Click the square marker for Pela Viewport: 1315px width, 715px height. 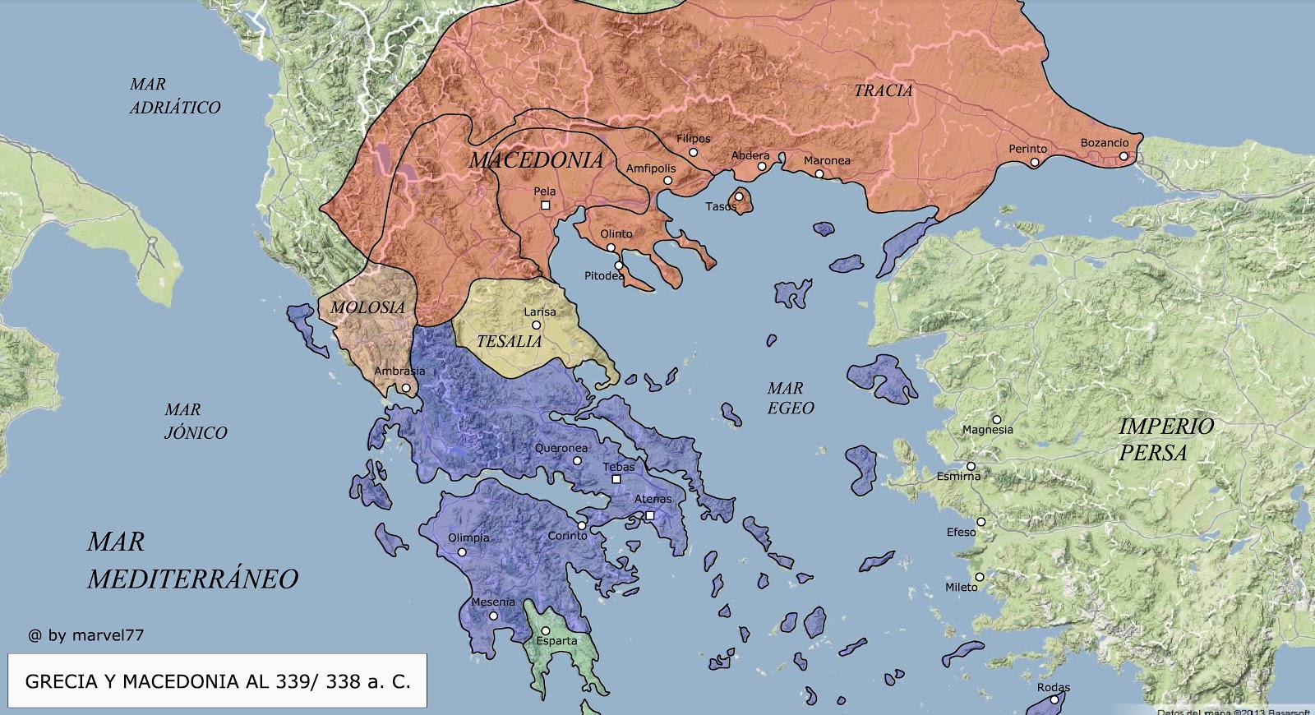coord(545,205)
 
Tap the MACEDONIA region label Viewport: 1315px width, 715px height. coord(537,159)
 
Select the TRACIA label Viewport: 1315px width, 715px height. coord(884,90)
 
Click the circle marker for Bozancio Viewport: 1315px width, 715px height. coord(1124,156)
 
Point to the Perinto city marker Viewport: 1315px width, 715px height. coord(1035,163)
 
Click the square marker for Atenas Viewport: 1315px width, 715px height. coord(649,515)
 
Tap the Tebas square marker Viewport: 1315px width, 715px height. coord(616,479)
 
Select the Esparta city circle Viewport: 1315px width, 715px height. coord(545,631)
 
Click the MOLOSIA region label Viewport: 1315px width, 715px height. coord(367,307)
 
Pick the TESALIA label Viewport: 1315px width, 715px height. coord(509,341)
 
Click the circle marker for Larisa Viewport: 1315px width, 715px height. coord(536,325)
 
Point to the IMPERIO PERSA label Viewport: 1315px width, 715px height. coord(1165,439)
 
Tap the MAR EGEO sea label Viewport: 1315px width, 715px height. coord(790,398)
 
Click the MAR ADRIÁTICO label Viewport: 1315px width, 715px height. coord(174,95)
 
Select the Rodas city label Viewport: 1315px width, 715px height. coord(1053,687)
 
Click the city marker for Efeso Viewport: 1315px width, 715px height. coord(980,523)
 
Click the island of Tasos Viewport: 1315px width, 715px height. coord(741,201)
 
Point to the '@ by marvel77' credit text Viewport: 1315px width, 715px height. coord(85,635)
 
